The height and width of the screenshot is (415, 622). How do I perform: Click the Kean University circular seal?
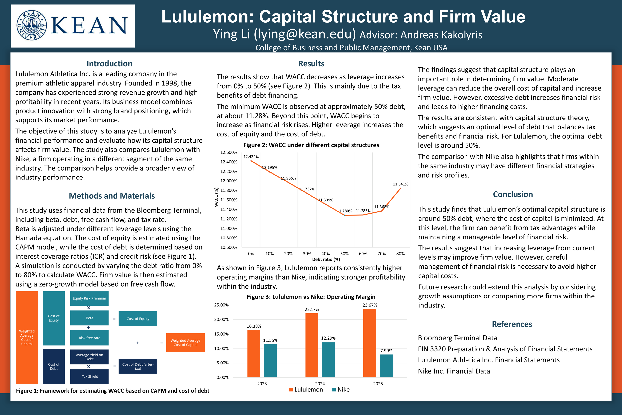coord(31,26)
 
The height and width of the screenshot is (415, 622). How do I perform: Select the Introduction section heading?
coord(109,64)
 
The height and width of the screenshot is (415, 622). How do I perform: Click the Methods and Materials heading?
coord(112,196)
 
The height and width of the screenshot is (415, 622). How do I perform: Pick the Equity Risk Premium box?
coord(89,298)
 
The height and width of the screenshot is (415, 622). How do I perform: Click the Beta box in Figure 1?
coord(89,318)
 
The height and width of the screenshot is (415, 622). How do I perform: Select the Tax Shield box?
coord(89,376)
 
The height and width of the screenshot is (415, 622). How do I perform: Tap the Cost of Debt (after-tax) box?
coord(138,366)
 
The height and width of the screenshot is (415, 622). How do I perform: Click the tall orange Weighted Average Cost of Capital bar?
coord(27,338)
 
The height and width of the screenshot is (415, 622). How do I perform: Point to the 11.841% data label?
coord(400,184)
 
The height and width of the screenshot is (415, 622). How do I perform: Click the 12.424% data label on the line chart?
coord(251,157)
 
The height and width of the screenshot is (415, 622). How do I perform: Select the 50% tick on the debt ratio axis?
coord(344,253)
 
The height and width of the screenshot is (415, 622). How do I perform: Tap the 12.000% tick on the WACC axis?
coord(229,181)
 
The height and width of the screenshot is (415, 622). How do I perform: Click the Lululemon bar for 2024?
coord(312,345)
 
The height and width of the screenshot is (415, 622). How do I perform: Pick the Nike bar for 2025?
coord(386,366)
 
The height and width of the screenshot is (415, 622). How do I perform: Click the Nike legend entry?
coord(341,390)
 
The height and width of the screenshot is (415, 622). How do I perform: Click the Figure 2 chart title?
coord(311,145)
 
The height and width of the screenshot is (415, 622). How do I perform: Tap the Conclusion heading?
coord(513,194)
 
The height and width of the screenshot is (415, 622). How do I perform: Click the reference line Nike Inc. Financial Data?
coord(454,371)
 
